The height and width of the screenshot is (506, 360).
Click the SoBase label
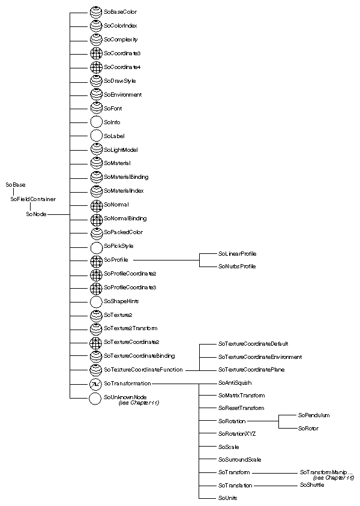point(15,184)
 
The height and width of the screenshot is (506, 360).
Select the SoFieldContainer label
point(33,199)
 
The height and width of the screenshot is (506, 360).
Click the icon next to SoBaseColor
point(96,12)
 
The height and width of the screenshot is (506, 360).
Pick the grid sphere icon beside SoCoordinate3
point(96,53)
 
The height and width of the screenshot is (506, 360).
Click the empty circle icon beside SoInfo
point(96,122)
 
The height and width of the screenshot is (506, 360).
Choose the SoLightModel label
point(121,149)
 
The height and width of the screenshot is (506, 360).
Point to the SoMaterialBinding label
point(126,177)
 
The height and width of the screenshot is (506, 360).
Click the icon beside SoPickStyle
point(96,246)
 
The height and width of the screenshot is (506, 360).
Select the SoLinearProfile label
point(237,254)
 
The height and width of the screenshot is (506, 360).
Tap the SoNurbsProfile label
point(236,265)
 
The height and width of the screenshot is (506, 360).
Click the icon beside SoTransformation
point(96,383)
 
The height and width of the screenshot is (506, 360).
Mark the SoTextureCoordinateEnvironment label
point(260,357)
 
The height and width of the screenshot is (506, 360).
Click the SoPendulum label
point(313,415)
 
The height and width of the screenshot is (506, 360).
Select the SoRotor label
point(308,428)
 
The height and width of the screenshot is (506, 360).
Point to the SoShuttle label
point(311,484)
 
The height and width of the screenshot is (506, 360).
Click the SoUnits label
point(227,498)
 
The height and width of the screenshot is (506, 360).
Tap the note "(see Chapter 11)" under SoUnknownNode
point(139,403)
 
